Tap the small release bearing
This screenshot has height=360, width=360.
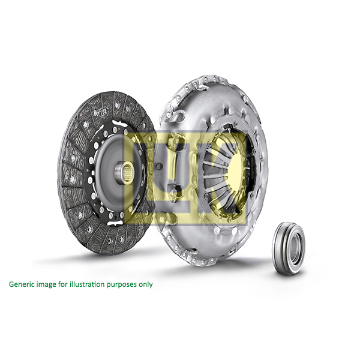tap(289, 248)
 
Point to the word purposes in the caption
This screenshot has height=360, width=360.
tap(125, 284)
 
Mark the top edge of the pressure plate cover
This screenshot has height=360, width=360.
tap(210, 78)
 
